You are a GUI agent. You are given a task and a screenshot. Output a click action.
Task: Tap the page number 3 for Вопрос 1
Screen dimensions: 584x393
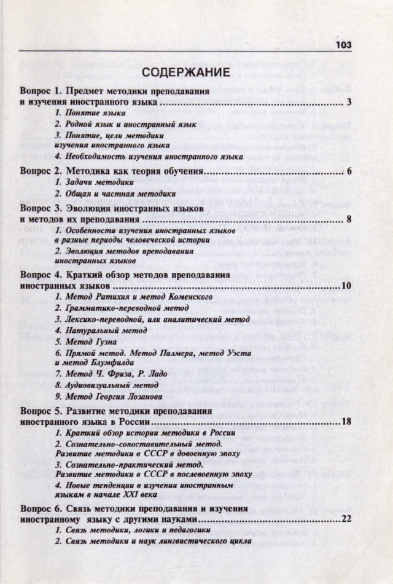click(x=348, y=102)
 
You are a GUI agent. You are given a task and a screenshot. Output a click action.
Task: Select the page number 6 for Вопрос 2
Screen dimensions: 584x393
click(x=348, y=171)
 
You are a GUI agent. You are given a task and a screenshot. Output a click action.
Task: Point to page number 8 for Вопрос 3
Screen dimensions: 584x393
click(x=348, y=219)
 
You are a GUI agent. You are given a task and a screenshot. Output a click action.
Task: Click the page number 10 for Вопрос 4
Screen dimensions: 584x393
click(x=345, y=286)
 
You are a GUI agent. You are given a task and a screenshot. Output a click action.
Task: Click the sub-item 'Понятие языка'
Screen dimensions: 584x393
click(x=90, y=114)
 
